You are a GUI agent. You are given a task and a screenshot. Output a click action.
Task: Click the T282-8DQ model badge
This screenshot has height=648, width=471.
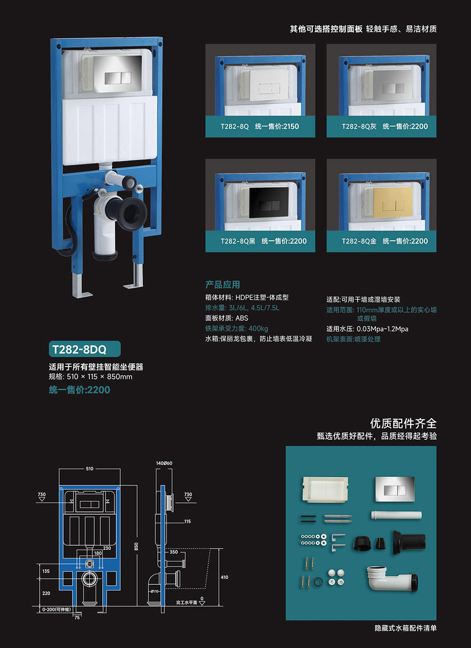point(85,349)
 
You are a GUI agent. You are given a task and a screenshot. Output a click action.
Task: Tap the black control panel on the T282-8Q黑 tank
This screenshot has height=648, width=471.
point(269,202)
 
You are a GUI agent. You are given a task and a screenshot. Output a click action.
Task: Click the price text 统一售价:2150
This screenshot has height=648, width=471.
point(276,126)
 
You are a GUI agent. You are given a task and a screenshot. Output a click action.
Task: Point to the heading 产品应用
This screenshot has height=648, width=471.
point(223,285)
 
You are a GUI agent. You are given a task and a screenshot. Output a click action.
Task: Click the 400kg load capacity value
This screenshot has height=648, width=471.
point(258,328)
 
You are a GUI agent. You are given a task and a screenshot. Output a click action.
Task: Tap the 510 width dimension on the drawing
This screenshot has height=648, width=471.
point(89,468)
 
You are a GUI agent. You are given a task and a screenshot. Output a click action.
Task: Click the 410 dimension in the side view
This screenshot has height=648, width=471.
point(224,577)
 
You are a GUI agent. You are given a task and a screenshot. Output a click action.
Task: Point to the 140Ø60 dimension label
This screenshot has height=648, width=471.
point(164,463)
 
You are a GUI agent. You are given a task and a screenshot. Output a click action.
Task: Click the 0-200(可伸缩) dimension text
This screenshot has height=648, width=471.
point(57,609)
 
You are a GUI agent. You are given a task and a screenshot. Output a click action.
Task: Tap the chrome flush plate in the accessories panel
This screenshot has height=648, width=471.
point(395,489)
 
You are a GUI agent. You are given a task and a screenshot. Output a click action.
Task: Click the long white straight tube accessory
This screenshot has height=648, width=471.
point(397,515)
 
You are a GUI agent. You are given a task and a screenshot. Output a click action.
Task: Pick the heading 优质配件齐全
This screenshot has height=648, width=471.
point(403,424)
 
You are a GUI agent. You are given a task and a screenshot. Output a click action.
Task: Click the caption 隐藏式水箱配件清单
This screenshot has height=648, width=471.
point(406,628)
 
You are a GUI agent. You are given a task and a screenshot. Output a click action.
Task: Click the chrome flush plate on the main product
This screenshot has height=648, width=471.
point(117,74)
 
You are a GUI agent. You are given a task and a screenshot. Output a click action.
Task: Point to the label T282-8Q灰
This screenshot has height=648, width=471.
point(359,126)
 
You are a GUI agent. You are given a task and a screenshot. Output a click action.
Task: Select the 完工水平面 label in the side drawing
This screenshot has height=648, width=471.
point(187,603)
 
